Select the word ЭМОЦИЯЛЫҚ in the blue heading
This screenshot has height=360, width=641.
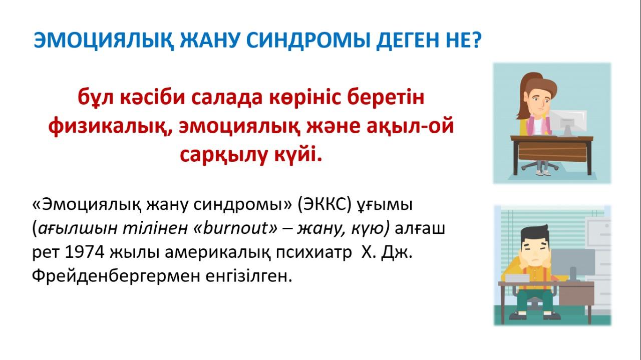[104, 41]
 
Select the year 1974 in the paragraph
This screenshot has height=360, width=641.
[85, 252]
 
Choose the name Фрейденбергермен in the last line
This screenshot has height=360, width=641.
[116, 276]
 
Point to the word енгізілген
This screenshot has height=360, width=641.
[249, 276]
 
